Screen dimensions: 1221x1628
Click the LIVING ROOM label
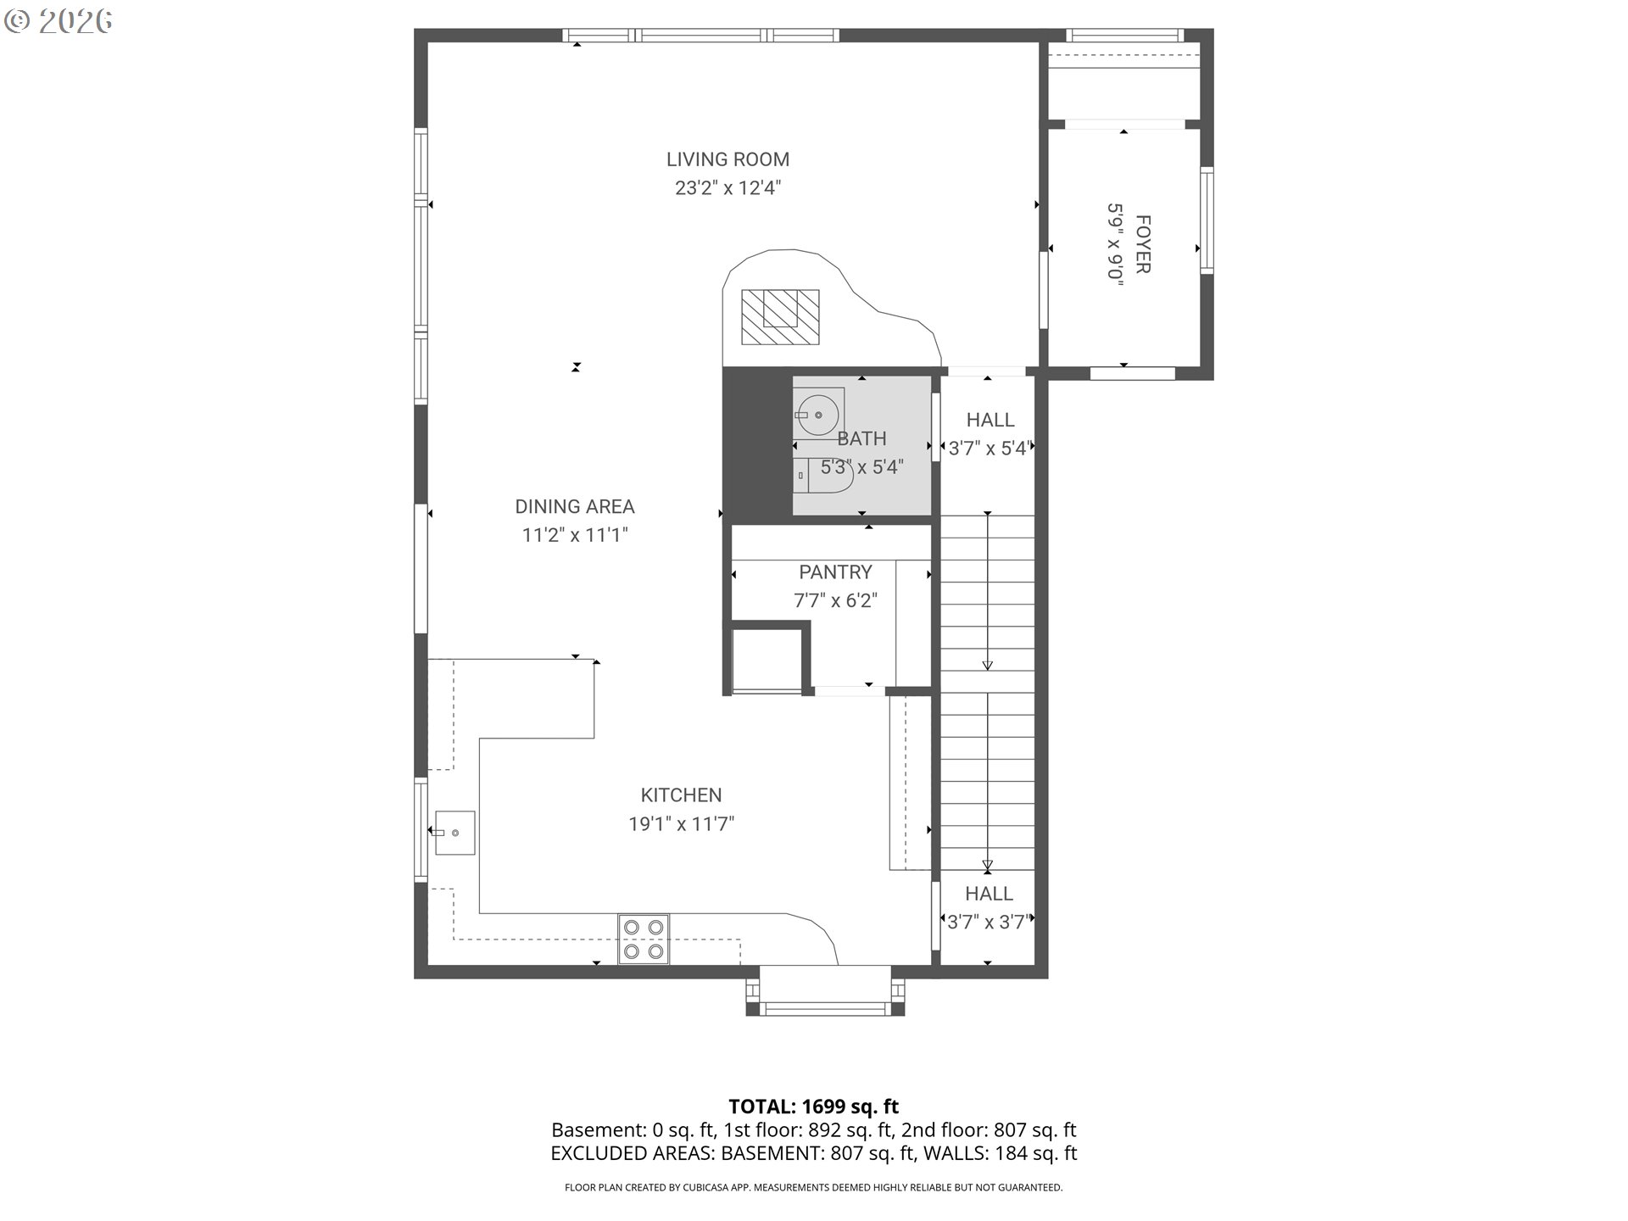728,159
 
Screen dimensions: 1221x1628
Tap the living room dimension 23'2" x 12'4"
728,188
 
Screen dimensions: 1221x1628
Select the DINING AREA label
574,506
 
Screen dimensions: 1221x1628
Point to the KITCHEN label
681,795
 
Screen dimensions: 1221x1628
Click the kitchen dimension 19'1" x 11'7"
681,824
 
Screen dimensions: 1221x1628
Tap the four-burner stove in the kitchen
644,939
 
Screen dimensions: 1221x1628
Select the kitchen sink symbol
454,833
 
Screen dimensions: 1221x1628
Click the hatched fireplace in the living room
780,316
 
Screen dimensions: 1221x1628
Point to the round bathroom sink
817,415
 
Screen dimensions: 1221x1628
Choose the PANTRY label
835,572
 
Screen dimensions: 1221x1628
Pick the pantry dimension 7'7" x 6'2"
835,601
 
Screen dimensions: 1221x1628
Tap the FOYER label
1142,244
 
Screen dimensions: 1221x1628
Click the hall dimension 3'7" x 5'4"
989,449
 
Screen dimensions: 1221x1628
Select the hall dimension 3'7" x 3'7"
988,923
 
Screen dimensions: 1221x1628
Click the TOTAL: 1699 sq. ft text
813,1107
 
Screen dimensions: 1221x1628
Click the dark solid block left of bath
756,445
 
